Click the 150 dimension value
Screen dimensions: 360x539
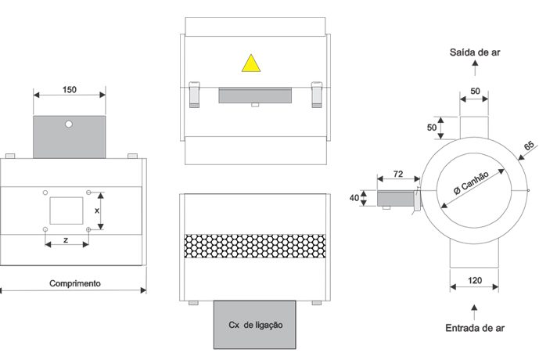(x=69, y=90)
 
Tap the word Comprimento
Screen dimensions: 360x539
(x=74, y=283)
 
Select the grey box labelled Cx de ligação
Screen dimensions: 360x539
(x=254, y=324)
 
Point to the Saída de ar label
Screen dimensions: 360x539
(x=474, y=52)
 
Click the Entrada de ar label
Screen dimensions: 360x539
(x=473, y=328)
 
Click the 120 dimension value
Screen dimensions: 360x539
(x=473, y=280)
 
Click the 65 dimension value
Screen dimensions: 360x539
(x=528, y=146)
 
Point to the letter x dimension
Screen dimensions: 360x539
(x=97, y=211)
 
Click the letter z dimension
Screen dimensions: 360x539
(x=65, y=238)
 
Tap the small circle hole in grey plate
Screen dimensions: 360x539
(x=69, y=124)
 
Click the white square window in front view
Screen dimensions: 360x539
(x=66, y=210)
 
